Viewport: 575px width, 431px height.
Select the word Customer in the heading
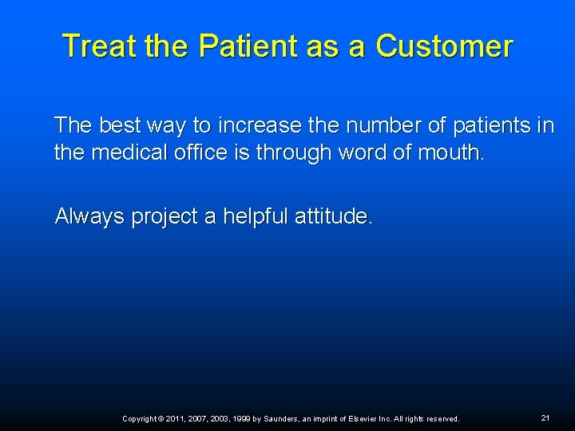point(444,46)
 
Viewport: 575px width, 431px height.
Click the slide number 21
point(545,417)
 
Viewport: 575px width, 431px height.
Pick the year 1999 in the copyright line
point(240,419)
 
